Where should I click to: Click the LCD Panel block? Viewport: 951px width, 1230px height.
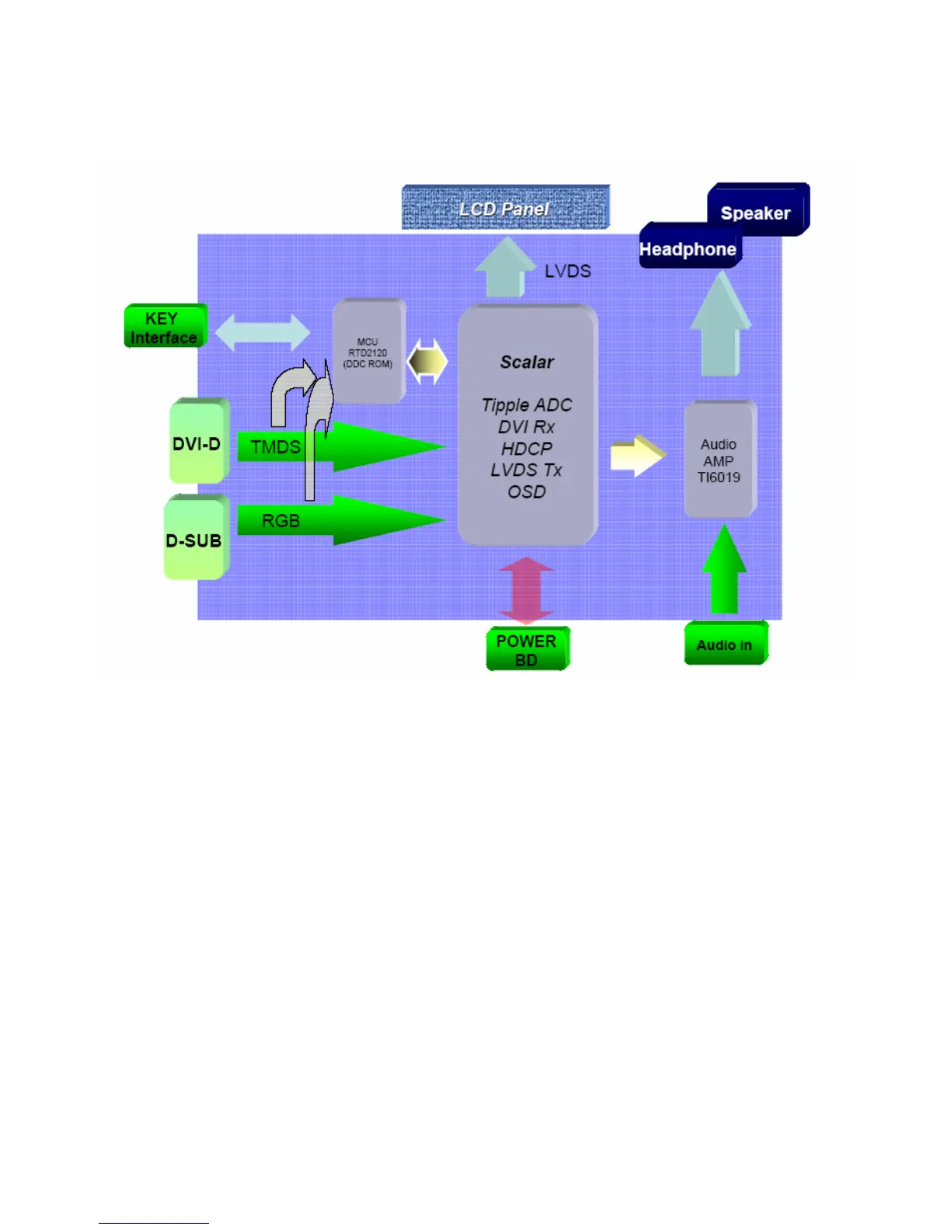click(505, 207)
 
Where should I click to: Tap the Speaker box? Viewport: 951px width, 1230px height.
click(756, 212)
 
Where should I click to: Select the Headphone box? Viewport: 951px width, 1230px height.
click(688, 248)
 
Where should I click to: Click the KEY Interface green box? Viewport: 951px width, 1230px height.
click(165, 327)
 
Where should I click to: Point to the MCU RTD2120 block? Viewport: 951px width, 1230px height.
click(368, 353)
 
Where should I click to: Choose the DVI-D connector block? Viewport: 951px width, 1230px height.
click(197, 443)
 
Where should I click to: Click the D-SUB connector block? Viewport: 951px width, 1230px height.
click(194, 540)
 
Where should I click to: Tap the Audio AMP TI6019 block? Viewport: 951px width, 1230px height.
click(719, 460)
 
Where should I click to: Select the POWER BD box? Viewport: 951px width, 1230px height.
click(527, 650)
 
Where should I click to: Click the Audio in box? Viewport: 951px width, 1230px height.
click(725, 645)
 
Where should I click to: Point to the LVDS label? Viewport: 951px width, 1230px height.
click(568, 271)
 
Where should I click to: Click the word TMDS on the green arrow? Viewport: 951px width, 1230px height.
click(275, 447)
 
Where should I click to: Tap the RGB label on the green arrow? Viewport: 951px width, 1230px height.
click(280, 521)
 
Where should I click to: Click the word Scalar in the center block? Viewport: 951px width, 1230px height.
click(527, 362)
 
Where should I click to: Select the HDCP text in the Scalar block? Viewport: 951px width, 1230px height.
click(527, 449)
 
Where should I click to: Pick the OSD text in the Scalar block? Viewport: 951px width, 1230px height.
click(527, 492)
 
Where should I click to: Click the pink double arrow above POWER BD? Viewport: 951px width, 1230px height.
click(527, 589)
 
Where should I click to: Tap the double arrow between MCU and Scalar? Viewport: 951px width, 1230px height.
click(428, 362)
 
